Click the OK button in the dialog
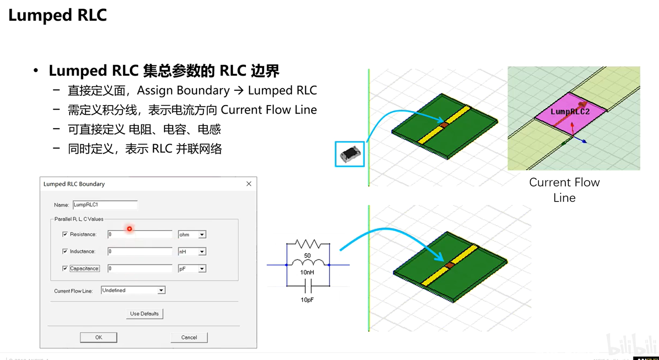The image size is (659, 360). point(98,337)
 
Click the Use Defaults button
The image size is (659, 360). point(144,314)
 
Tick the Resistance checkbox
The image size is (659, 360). point(65,234)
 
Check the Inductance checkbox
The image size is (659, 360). point(65,251)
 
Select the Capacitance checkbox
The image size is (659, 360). point(65,268)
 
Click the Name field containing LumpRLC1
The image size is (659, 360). point(105,205)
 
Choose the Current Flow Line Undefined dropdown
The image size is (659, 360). point(133,290)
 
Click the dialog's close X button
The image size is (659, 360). point(249,184)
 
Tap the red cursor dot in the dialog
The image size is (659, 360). point(129,229)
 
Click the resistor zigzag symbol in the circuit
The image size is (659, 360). point(308,244)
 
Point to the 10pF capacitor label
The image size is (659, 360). point(307,300)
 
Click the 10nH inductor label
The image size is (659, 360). point(307,272)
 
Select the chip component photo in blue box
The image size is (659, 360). point(350,154)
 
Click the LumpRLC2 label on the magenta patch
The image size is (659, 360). point(570,112)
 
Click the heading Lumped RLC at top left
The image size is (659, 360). point(57,15)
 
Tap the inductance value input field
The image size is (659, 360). point(140,251)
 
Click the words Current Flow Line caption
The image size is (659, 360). point(564,190)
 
